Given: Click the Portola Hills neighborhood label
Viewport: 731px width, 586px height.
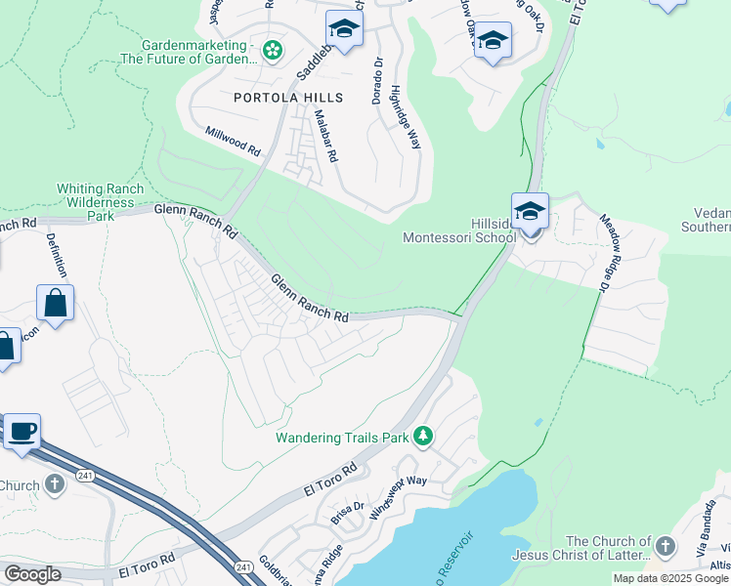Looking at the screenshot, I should [288, 98].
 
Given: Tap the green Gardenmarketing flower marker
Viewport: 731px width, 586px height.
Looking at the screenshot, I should [273, 49].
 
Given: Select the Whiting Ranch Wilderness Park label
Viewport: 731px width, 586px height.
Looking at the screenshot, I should [100, 202].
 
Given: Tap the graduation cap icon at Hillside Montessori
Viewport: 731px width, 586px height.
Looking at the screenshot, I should [530, 211].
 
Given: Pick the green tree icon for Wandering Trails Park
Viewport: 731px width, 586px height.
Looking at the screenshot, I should [423, 437].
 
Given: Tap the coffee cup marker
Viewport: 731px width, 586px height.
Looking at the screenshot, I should [21, 430].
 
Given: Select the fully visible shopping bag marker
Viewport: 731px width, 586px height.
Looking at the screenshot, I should [56, 303].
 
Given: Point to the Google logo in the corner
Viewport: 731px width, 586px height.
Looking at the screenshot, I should [32, 574].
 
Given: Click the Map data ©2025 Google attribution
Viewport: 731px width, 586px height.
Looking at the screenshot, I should [670, 578].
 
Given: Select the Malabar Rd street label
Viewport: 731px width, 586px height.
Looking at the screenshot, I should [325, 135].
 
